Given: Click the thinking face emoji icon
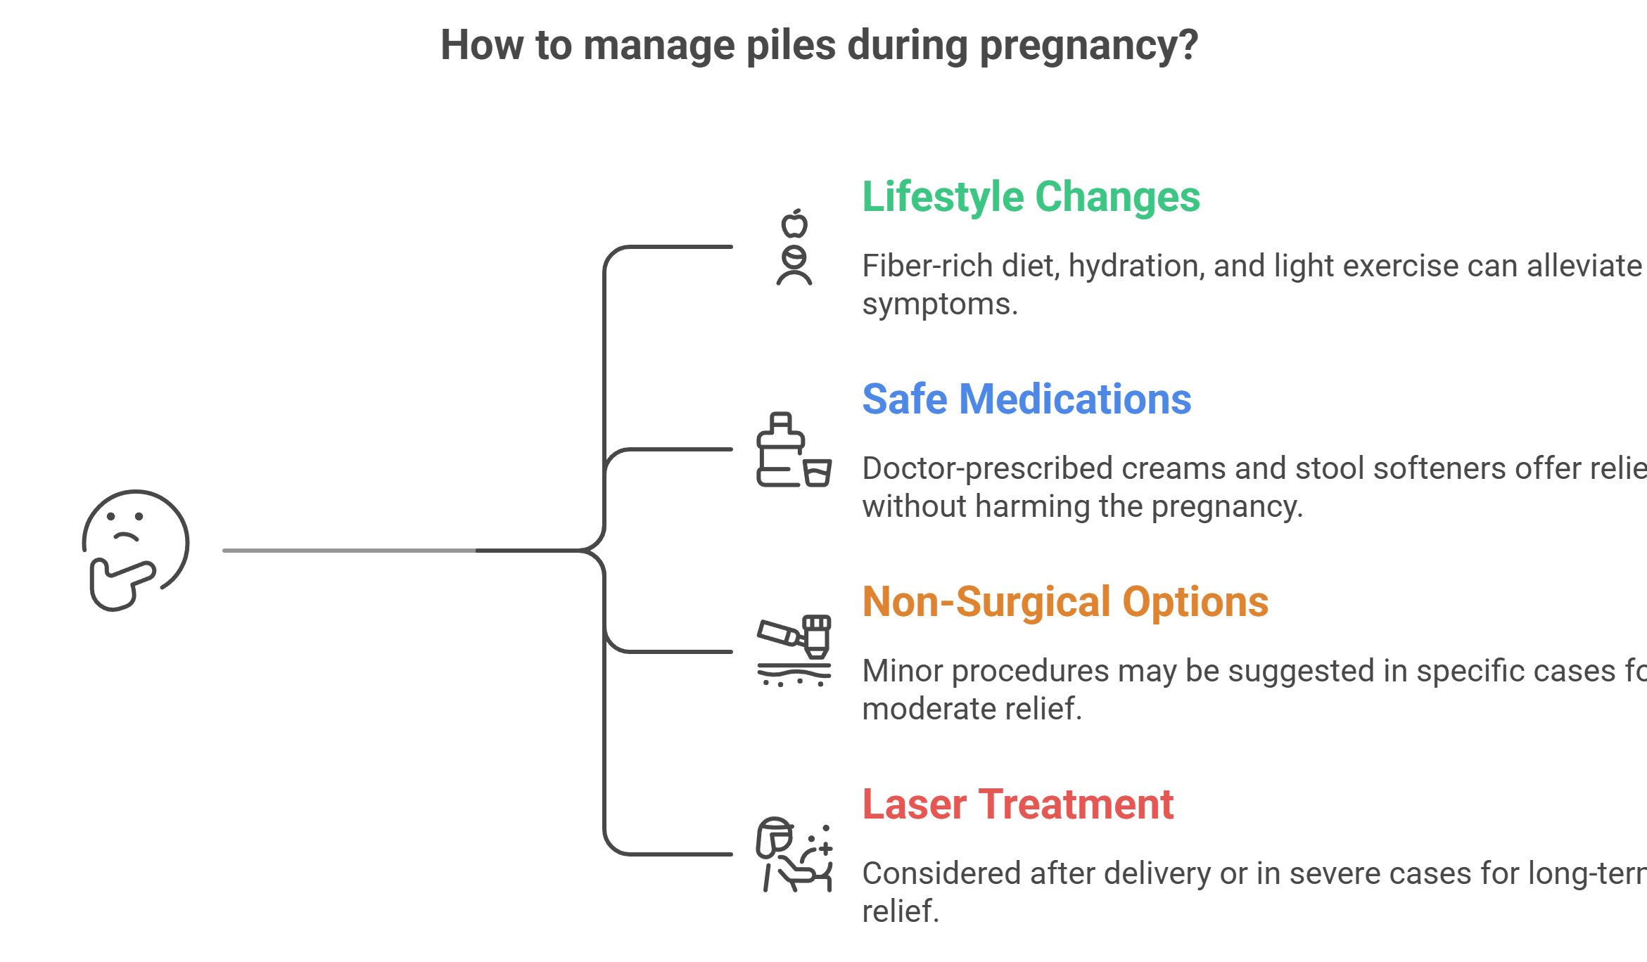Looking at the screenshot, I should [x=136, y=549].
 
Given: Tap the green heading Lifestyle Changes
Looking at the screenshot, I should [x=1031, y=197].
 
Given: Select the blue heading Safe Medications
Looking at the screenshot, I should [x=1026, y=399].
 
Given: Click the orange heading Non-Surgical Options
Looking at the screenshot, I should [x=1065, y=602].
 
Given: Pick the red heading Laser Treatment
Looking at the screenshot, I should [x=1017, y=804].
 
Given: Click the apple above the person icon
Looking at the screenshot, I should [x=794, y=224].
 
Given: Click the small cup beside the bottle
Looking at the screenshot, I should [x=818, y=473].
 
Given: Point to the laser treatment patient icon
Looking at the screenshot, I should [x=794, y=854].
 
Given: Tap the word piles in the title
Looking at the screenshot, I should [x=791, y=46].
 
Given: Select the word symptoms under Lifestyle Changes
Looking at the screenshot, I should [x=939, y=304].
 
